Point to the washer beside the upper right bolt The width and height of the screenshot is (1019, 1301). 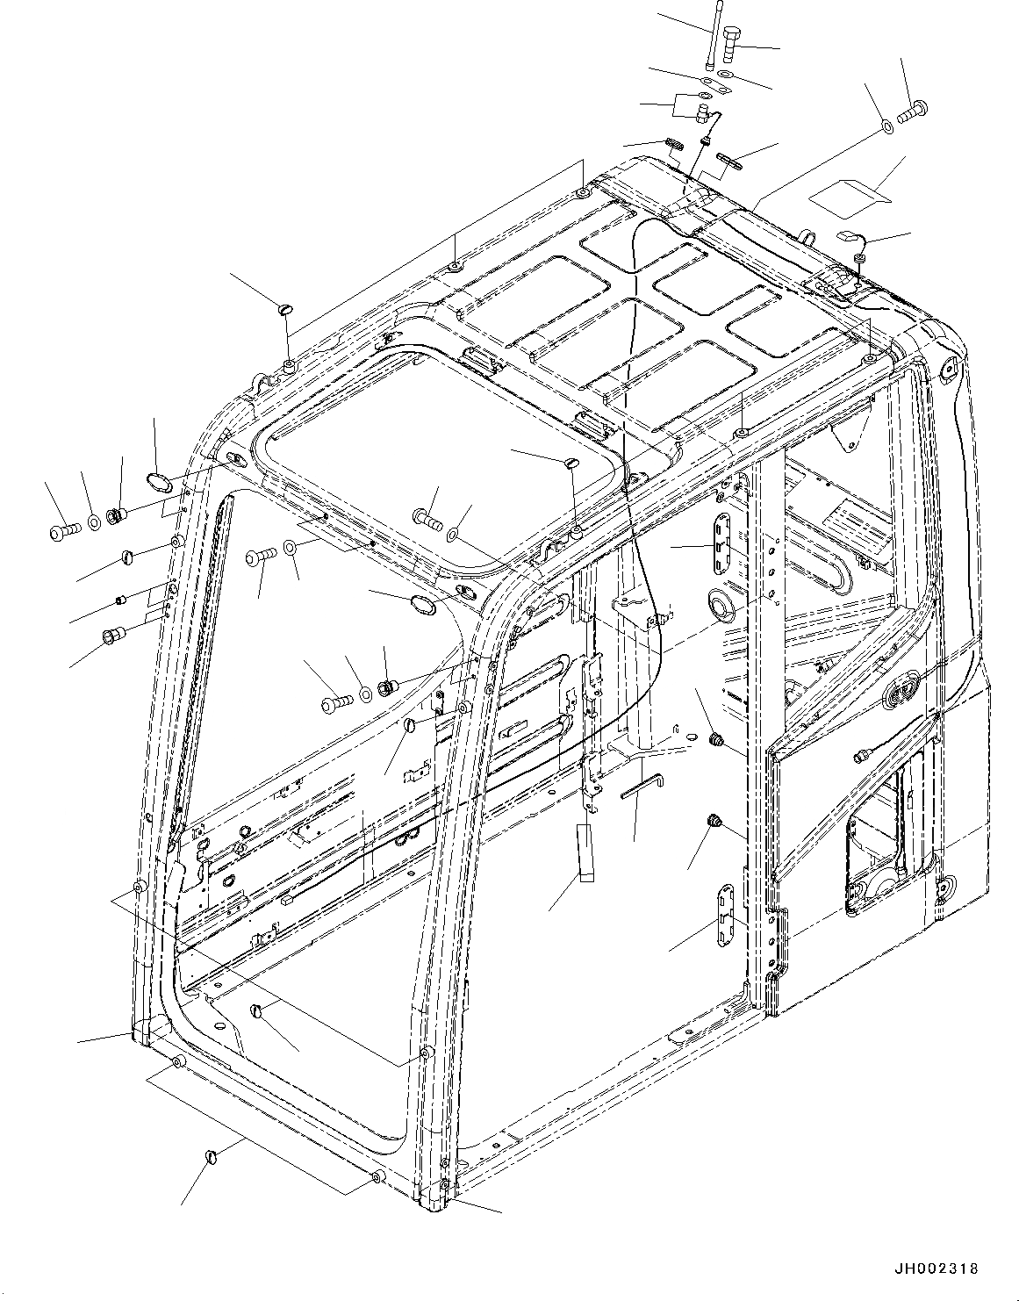(887, 128)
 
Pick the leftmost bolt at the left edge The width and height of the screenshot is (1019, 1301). (61, 530)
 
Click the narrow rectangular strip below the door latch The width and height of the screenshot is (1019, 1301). (585, 851)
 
